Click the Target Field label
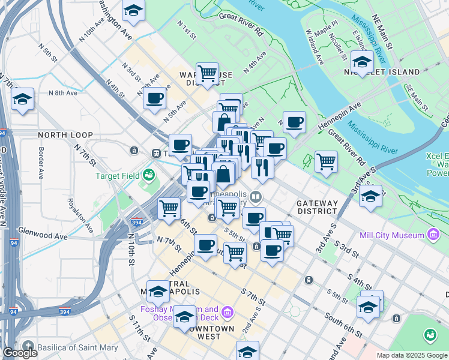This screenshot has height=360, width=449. [x=118, y=176]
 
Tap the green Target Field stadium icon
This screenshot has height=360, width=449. [x=148, y=176]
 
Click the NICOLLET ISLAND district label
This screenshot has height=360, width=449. [x=382, y=72]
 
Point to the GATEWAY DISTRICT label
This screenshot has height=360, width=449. [x=316, y=207]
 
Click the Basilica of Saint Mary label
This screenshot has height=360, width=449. [x=74, y=347]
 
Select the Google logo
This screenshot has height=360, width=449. [x=20, y=353]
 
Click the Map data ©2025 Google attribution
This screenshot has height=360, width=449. [x=412, y=355]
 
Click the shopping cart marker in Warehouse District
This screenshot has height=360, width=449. [x=207, y=74]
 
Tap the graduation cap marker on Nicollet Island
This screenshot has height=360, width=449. [x=363, y=61]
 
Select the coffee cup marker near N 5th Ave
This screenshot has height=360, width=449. [x=155, y=98]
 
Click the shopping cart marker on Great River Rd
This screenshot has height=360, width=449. [x=326, y=161]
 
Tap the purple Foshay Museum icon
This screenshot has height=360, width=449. [x=227, y=312]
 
